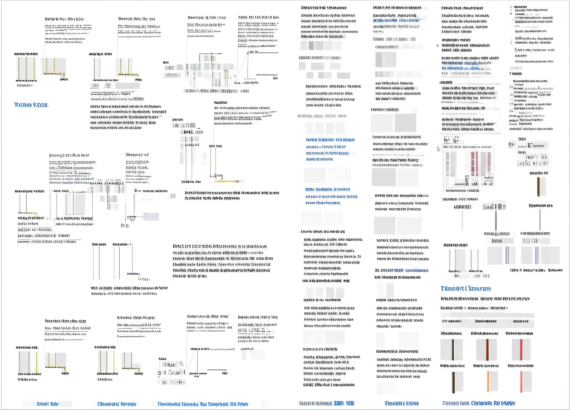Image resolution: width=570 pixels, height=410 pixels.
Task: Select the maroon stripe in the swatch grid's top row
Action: (x=487, y=349)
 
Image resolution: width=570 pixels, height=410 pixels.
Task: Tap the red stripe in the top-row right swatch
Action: (x=521, y=349)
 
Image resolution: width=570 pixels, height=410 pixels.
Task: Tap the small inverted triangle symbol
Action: (x=132, y=218)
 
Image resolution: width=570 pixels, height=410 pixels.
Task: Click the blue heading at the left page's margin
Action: (x=31, y=105)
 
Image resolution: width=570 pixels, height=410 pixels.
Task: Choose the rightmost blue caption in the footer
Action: (x=478, y=403)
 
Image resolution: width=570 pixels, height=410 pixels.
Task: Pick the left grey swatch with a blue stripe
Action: (x=507, y=255)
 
